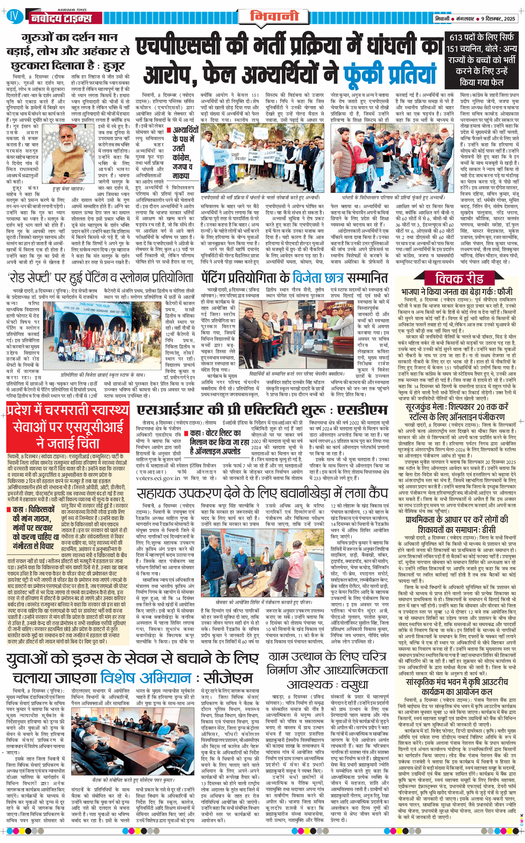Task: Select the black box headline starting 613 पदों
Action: [481, 60]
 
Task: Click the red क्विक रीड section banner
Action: [459, 278]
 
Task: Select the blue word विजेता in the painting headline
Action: [318, 277]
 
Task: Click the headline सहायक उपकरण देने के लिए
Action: [262, 493]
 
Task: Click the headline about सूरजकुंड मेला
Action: [457, 412]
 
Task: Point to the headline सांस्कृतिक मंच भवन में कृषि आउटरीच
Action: [457, 687]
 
